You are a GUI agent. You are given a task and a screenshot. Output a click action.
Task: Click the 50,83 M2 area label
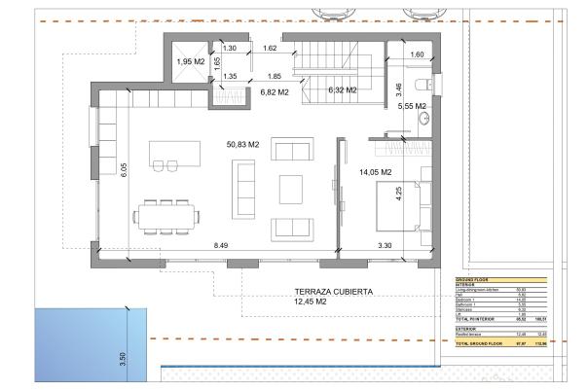[242, 145]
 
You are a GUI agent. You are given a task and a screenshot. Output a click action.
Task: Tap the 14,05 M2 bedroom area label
[375, 172]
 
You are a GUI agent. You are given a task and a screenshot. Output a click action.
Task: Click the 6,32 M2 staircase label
[343, 90]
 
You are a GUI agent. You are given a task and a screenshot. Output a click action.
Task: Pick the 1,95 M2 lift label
[191, 62]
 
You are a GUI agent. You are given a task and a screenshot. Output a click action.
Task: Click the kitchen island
[173, 154]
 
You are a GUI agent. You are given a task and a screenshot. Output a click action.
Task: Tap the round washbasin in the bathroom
[424, 121]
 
